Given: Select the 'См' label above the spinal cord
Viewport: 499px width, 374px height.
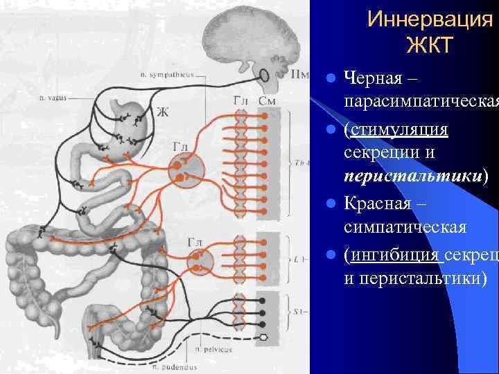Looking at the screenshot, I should [267, 102].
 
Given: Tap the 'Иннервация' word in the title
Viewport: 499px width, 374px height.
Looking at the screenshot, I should [430, 19].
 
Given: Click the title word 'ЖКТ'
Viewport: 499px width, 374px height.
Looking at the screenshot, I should [430, 46].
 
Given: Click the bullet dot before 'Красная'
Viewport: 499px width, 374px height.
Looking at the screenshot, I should [333, 206].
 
